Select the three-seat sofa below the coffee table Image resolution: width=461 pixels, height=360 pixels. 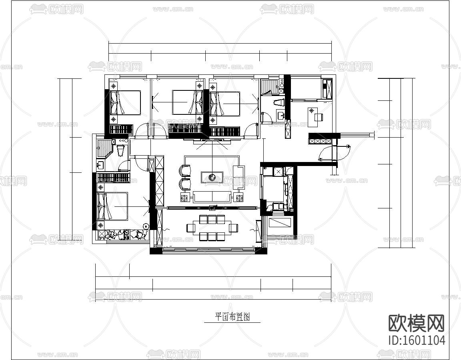(x=212, y=197)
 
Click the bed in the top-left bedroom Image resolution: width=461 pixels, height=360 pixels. (x=126, y=102)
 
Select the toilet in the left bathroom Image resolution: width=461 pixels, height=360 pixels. (x=120, y=150)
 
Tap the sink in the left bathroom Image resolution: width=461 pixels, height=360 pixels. (x=100, y=164)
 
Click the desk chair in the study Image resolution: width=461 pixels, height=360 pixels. (x=319, y=117)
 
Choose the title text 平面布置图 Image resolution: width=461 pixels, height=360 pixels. (x=233, y=317)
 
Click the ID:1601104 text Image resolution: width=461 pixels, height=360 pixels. (x=417, y=340)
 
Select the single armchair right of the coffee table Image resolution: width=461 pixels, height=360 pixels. (x=238, y=176)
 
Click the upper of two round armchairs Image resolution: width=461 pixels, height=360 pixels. (x=185, y=171)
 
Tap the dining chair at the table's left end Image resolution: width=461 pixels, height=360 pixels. (x=190, y=228)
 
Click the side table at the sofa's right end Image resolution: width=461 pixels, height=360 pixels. (x=240, y=197)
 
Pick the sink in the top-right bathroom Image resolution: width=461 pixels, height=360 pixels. (x=281, y=116)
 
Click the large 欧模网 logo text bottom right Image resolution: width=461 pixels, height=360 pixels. (x=417, y=323)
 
